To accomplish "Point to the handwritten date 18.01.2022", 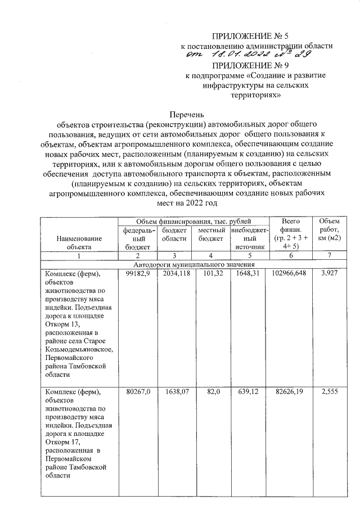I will click(232, 53).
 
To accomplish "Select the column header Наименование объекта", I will click(79, 242).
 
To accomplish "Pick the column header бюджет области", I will click(174, 234).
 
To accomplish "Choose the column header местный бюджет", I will click(211, 234).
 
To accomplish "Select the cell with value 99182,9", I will click(137, 273).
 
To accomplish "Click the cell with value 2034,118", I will click(174, 273).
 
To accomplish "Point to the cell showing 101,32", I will click(211, 273).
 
